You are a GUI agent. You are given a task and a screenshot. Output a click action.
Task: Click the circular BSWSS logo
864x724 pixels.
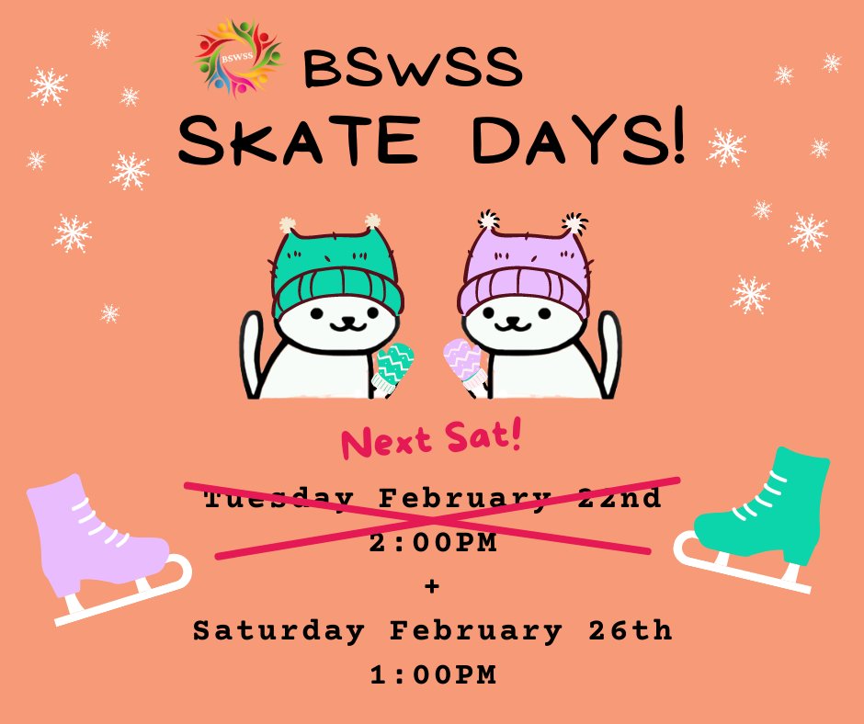pos(237,59)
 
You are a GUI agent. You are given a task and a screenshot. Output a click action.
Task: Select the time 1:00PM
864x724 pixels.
pos(432,675)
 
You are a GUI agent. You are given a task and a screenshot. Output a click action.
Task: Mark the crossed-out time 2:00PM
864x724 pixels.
pos(432,543)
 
